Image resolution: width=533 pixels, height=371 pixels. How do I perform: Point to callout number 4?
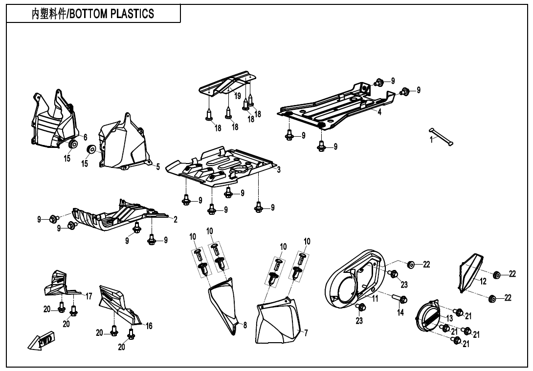(x=379, y=112)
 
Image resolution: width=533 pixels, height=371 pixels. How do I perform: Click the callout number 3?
(x=278, y=169)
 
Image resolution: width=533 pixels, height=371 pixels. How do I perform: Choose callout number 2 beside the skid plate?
(x=175, y=219)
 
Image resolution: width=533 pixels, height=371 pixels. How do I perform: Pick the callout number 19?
(x=238, y=96)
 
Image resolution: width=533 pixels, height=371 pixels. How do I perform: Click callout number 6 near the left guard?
(x=85, y=137)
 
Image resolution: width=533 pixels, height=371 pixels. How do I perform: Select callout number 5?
(x=158, y=167)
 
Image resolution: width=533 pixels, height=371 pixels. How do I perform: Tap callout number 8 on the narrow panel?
(x=244, y=325)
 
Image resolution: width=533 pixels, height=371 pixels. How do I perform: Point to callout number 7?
(x=306, y=333)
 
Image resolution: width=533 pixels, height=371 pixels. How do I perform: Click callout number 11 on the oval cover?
(x=376, y=299)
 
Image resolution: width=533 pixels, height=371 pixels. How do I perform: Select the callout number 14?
(x=400, y=312)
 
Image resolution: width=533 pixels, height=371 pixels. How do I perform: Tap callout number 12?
(x=483, y=281)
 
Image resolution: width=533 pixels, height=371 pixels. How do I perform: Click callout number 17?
(x=89, y=296)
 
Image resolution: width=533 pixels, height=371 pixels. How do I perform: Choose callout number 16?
(x=149, y=326)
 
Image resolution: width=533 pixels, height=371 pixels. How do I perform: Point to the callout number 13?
(x=449, y=318)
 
